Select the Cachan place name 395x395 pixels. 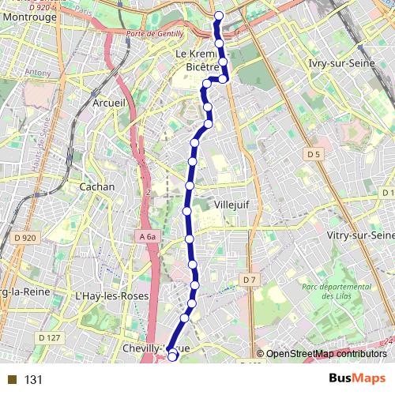click(97, 187)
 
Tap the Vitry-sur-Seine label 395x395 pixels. click(359, 235)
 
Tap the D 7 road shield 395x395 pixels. click(250, 280)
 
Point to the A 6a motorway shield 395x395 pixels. click(147, 235)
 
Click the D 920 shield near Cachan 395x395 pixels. click(24, 236)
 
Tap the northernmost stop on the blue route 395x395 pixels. click(219, 16)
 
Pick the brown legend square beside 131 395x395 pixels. click(12, 379)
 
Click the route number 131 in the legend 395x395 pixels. click(33, 379)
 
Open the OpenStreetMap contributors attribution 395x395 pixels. click(325, 354)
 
